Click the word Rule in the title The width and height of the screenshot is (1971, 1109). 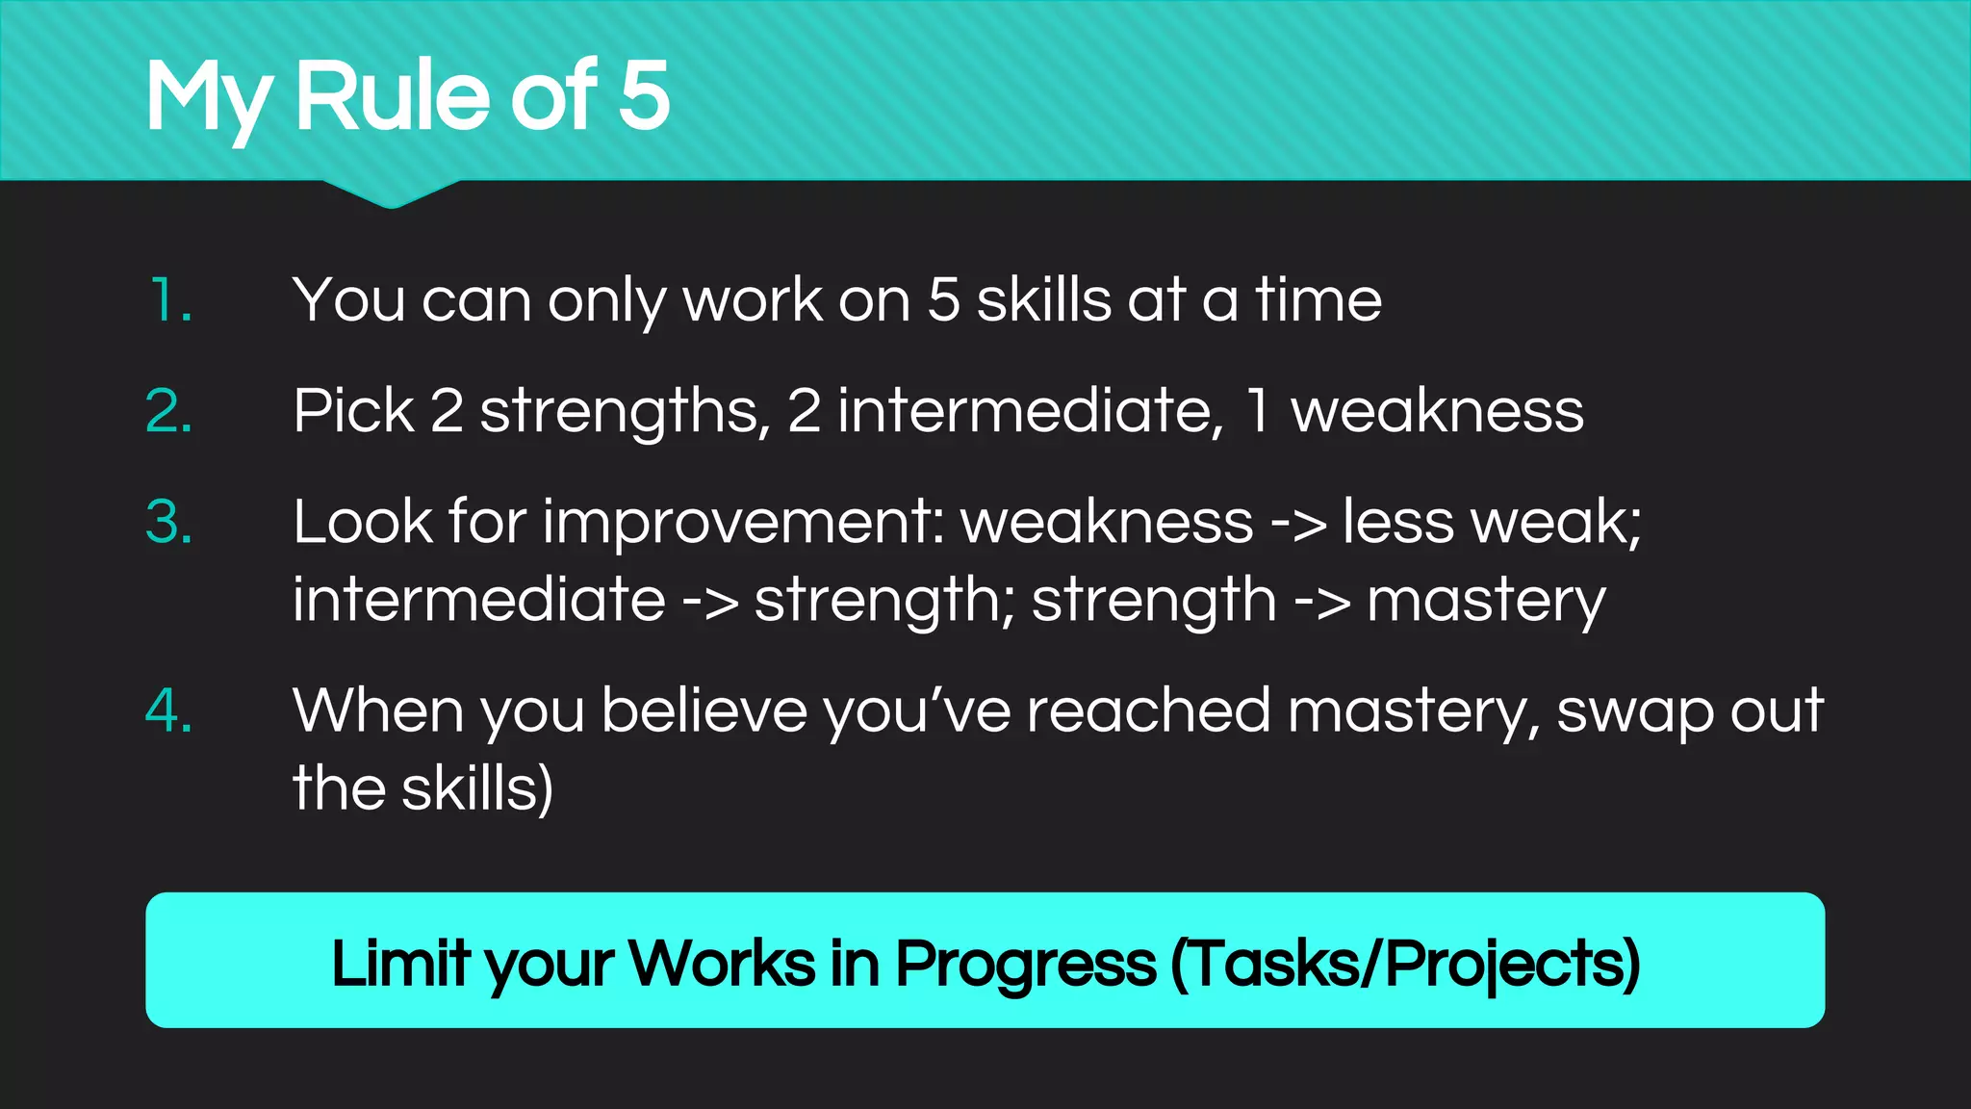(x=395, y=95)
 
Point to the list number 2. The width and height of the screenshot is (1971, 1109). (x=169, y=412)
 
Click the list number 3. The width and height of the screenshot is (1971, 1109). (x=169, y=523)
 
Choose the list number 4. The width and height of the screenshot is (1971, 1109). (x=169, y=711)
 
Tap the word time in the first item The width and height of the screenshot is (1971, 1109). (x=1318, y=300)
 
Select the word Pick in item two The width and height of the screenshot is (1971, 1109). (x=353, y=412)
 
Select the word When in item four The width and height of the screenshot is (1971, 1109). (x=378, y=711)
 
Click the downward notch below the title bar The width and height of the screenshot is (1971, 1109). (x=391, y=194)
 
